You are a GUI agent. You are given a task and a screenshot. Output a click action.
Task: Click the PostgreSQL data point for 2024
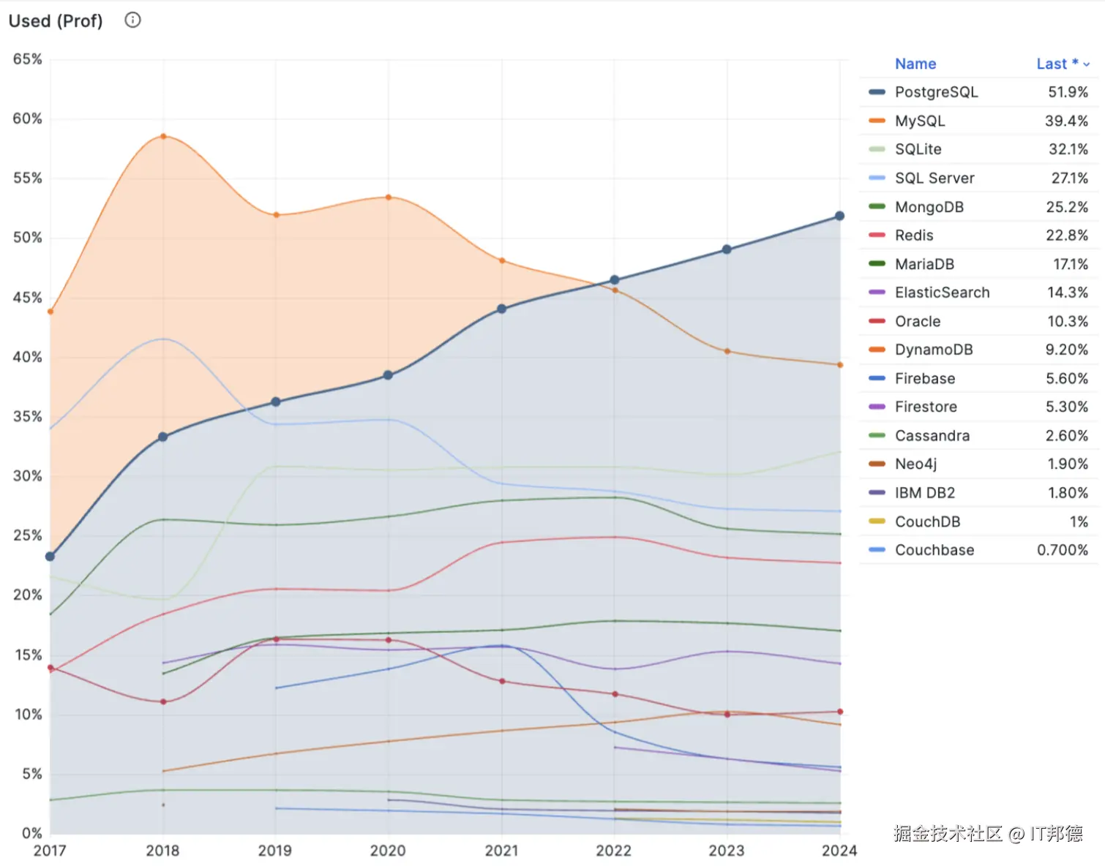[x=839, y=217]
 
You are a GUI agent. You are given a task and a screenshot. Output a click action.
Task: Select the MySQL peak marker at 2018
[x=163, y=136]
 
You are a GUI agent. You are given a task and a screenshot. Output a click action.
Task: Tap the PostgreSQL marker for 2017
[x=50, y=557]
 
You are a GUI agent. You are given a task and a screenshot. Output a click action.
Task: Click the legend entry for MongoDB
[x=929, y=207]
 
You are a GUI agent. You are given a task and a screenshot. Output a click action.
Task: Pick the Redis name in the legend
[x=914, y=236]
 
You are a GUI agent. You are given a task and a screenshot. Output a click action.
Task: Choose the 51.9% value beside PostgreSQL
[x=1068, y=92]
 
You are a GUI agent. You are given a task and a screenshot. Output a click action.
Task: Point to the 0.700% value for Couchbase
[x=1062, y=550]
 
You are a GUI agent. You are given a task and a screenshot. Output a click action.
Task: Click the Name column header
[x=915, y=64]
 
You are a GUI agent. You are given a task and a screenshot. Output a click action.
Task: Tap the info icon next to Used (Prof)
[x=132, y=20]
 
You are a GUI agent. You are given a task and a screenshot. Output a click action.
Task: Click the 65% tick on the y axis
[x=28, y=59]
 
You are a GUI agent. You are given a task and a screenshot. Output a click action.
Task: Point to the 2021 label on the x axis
[x=501, y=851]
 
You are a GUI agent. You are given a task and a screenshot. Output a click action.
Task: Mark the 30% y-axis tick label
[x=28, y=476]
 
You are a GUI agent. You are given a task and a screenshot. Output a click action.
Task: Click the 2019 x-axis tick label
[x=275, y=851]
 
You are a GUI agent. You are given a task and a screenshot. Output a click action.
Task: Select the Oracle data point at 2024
[x=840, y=712]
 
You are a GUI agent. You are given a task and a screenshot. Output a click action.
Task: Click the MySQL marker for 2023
[x=727, y=352]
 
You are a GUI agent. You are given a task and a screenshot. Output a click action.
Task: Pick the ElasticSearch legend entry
[x=942, y=293]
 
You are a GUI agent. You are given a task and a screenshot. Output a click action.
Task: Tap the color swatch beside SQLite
[x=877, y=149]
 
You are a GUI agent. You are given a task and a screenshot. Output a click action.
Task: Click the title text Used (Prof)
[x=56, y=20]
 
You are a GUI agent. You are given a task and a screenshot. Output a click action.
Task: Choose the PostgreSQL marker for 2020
[x=389, y=375]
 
